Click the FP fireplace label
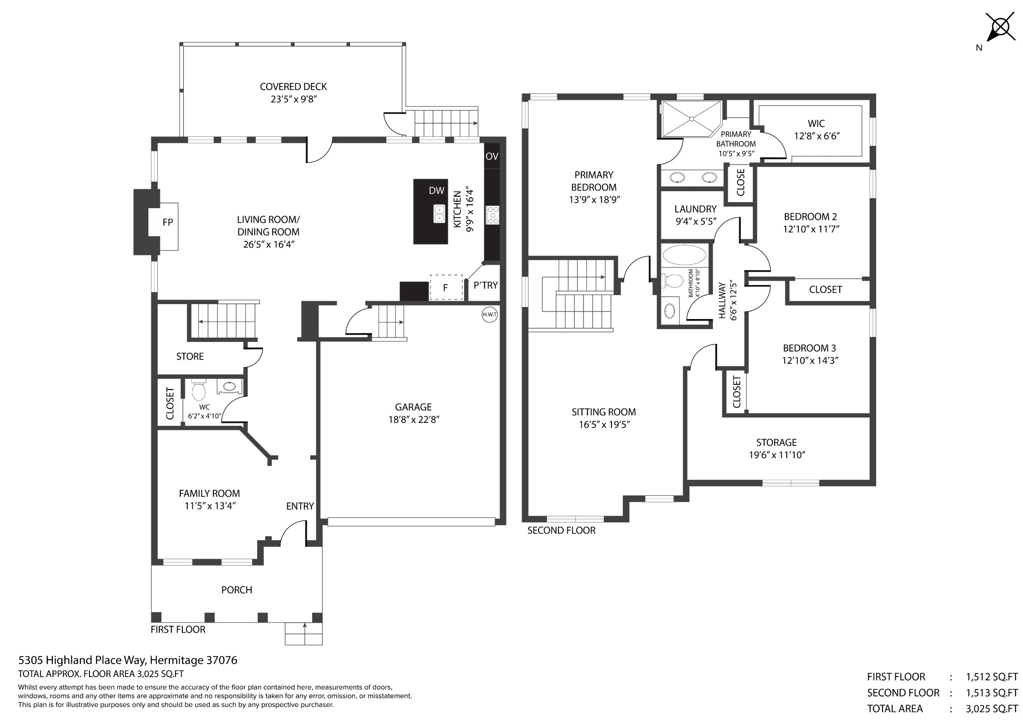[168, 222]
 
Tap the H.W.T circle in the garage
[490, 315]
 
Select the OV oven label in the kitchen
[492, 156]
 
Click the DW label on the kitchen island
[437, 190]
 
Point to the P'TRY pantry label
[486, 285]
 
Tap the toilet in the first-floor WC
[199, 390]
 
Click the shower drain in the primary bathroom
[691, 119]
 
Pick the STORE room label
[190, 357]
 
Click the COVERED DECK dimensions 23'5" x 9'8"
[294, 99]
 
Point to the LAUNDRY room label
[695, 209]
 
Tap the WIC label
[816, 123]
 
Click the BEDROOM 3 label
[809, 348]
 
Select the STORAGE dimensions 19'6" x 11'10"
[777, 455]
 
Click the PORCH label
[237, 590]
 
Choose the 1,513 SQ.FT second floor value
[992, 693]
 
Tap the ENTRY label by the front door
[300, 506]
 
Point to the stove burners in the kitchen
[493, 215]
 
